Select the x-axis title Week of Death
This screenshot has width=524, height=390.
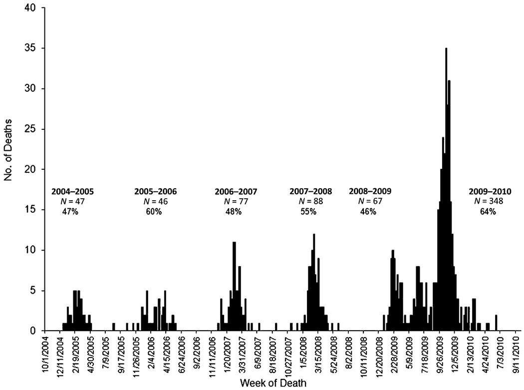269,383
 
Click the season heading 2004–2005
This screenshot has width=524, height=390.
72,191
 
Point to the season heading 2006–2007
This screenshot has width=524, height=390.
236,191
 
